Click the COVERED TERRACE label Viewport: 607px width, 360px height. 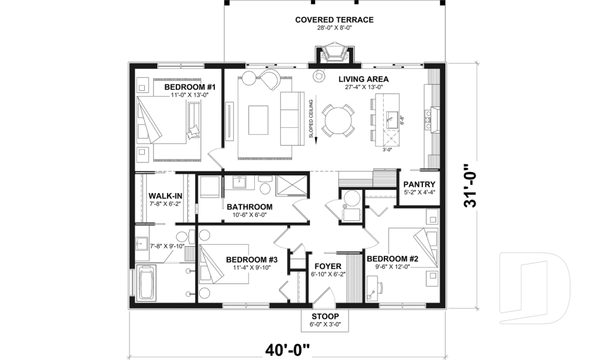click(334, 20)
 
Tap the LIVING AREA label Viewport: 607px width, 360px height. click(364, 80)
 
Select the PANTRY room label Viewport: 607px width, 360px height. click(419, 185)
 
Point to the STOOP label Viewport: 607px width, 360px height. click(325, 316)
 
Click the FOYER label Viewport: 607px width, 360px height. click(328, 266)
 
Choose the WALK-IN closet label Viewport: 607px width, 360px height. click(165, 196)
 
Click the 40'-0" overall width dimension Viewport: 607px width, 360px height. click(288, 350)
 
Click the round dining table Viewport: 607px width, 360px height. click(338, 120)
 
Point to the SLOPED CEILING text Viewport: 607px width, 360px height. click(310, 119)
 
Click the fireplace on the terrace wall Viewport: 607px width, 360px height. click(333, 52)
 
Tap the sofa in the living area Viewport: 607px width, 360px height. click(293, 118)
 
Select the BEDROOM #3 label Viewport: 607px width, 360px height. click(252, 259)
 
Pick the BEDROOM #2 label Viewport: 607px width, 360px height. click(393, 259)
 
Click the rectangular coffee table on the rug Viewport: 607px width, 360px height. click(258, 120)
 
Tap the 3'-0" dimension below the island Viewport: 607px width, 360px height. click(387, 149)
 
